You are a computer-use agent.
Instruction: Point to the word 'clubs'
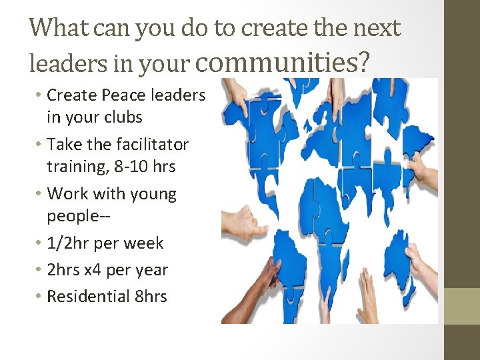tap(121, 117)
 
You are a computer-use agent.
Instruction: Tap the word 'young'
tap(154, 194)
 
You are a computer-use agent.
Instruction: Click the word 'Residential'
tap(88, 296)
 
